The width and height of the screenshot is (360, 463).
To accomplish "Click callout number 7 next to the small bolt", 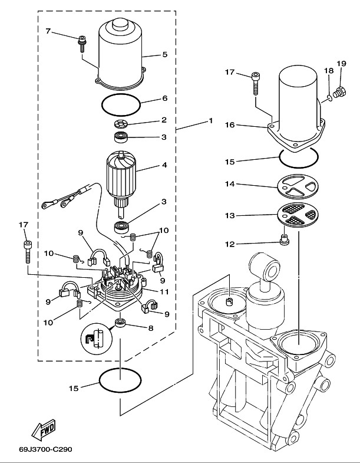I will pos(49,30).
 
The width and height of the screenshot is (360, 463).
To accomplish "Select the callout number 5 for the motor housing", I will pos(165,54).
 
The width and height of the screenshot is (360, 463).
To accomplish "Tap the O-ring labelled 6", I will pos(121,106).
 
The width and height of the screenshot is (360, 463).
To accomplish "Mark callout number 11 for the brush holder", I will pos(166,291).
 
